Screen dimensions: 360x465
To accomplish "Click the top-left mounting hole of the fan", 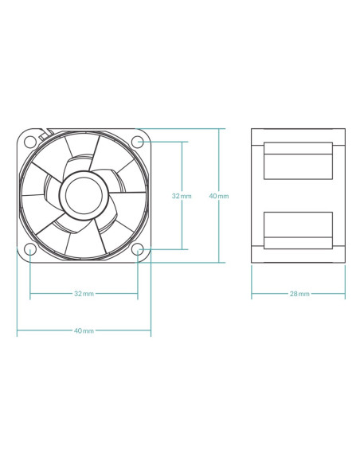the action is pyautogui.click(x=30, y=142).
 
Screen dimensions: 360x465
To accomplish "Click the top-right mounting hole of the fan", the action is pyautogui.click(x=138, y=142).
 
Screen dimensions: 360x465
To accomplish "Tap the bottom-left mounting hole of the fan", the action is pyautogui.click(x=30, y=249).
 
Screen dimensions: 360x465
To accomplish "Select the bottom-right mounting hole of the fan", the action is pyautogui.click(x=138, y=249).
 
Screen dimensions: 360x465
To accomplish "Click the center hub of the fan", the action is pyautogui.click(x=84, y=195).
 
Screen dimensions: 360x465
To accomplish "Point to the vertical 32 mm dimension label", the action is pyautogui.click(x=182, y=196).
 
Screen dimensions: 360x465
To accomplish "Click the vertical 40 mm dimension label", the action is pyautogui.click(x=219, y=196).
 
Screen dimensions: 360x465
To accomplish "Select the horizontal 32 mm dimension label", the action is pyautogui.click(x=84, y=294).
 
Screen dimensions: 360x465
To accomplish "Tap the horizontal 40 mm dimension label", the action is pyautogui.click(x=84, y=330).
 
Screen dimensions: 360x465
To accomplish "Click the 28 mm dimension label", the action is pyautogui.click(x=299, y=294).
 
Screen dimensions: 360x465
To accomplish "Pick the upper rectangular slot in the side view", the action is pyautogui.click(x=298, y=161).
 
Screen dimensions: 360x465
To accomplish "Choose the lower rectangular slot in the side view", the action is pyautogui.click(x=298, y=230).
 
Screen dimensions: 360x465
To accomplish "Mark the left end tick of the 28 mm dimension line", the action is pyautogui.click(x=252, y=294).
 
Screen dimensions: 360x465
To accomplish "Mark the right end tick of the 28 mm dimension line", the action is pyautogui.click(x=345, y=294).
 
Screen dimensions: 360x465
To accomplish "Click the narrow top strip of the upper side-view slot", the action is pyautogui.click(x=298, y=148).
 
